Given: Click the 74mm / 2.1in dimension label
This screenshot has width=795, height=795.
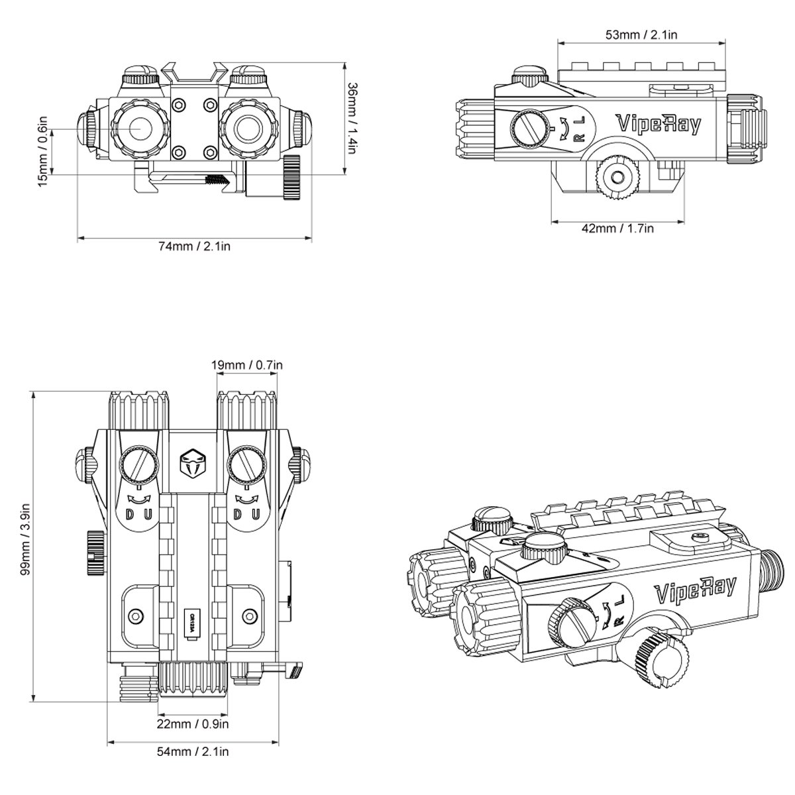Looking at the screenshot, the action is tap(194, 246).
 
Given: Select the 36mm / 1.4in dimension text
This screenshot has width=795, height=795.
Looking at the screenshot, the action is tap(352, 118).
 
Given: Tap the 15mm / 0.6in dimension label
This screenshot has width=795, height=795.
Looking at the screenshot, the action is tap(43, 151).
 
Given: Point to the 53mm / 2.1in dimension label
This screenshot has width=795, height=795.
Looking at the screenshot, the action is tap(641, 34).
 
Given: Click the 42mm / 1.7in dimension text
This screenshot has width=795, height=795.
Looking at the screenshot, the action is tap(617, 228).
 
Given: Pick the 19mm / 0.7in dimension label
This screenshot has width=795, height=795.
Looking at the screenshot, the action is tap(246, 365).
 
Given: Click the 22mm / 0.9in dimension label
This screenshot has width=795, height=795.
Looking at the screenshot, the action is tap(193, 723).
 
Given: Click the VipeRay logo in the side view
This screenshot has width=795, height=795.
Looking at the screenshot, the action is tap(659, 124).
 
